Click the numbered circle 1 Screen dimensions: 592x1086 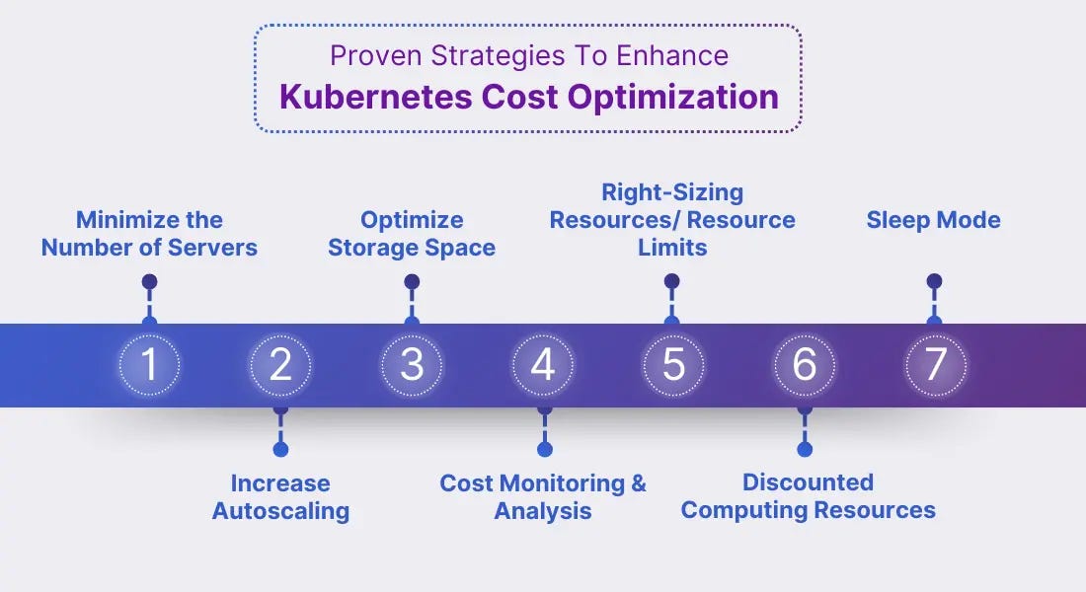(x=149, y=365)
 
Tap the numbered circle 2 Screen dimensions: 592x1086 (x=280, y=365)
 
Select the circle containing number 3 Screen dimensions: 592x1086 (x=412, y=365)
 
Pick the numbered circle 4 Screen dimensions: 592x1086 (x=543, y=365)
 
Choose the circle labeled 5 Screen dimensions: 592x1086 (x=673, y=365)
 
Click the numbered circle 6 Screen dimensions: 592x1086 (x=805, y=365)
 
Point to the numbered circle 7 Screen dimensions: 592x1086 (x=935, y=365)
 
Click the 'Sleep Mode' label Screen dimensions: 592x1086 (x=933, y=220)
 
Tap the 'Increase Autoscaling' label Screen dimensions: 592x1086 (x=280, y=496)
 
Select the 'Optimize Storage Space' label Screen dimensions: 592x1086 (x=412, y=233)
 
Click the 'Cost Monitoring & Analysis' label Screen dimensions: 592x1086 (x=543, y=496)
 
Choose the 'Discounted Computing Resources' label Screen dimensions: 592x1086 (x=808, y=495)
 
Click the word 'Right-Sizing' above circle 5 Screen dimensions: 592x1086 (x=672, y=191)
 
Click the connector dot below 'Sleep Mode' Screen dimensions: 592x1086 (x=934, y=282)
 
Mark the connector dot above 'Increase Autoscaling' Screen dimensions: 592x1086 (x=280, y=449)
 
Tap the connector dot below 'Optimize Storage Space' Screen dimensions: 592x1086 (x=412, y=282)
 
